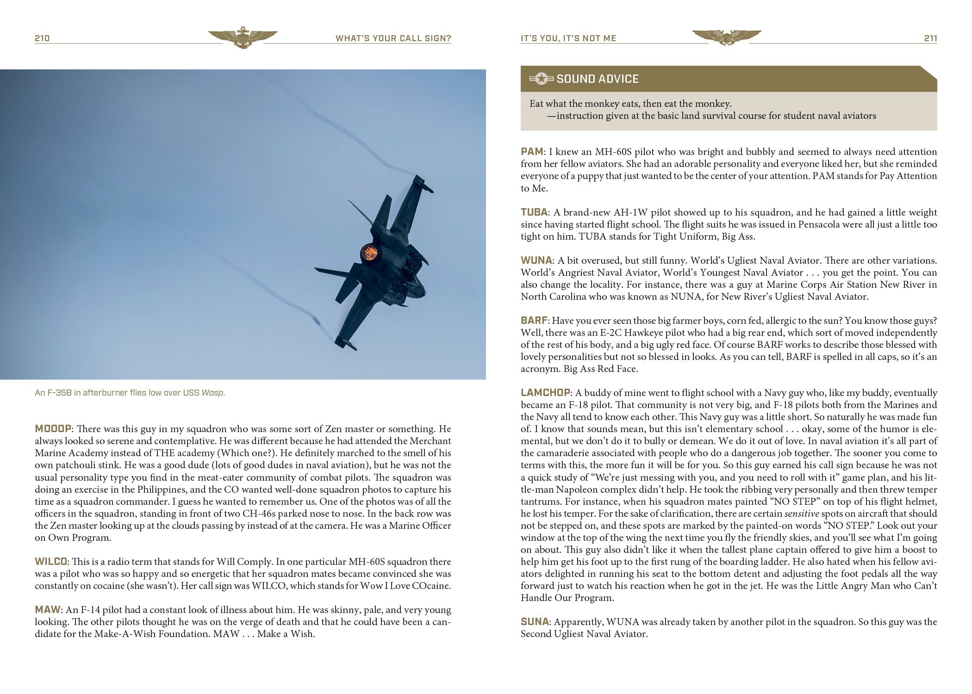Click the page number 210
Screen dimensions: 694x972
42,38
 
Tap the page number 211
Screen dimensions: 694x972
930,38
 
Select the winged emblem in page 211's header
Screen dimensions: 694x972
726,37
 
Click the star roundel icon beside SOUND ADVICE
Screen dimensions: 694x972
542,79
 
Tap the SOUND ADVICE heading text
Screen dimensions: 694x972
597,79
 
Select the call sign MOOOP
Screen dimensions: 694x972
53,428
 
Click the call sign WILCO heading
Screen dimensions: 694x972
51,562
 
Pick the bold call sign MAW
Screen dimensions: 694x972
48,610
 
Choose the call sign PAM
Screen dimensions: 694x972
532,152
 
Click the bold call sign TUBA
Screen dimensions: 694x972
534,212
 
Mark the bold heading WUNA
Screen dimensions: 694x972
536,260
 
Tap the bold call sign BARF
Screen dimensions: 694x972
534,321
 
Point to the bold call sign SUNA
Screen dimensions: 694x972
535,622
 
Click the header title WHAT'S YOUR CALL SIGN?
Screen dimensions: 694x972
393,38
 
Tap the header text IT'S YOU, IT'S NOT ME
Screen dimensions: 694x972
568,38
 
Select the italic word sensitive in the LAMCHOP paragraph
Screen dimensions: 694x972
802,514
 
